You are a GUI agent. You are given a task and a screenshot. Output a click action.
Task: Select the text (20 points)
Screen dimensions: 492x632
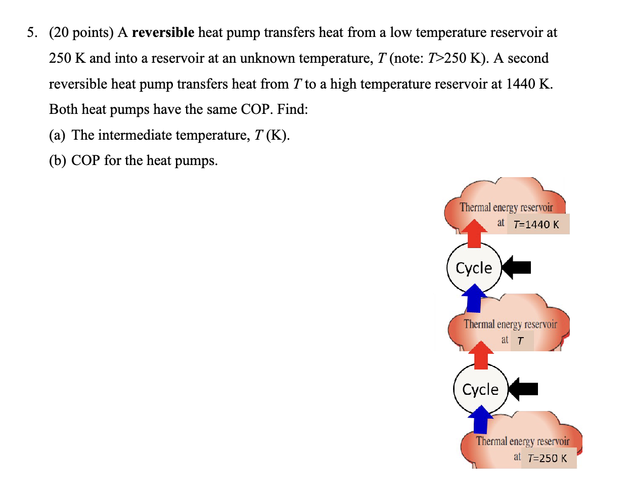pos(81,33)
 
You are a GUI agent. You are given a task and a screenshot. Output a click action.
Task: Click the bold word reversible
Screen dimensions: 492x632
pos(163,33)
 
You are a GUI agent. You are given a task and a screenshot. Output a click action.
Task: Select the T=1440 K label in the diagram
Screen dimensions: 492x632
pos(536,224)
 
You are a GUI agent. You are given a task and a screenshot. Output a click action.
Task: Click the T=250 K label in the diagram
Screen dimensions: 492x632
pos(547,458)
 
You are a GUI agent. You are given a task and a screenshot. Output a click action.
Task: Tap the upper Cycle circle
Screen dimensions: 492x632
pos(473,268)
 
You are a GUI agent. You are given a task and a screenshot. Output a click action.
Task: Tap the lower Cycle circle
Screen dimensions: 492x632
pos(480,389)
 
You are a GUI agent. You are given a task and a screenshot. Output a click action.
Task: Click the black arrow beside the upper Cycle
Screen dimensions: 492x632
pos(517,267)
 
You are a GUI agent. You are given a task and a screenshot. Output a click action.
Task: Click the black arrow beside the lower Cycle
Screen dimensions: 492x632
pos(523,389)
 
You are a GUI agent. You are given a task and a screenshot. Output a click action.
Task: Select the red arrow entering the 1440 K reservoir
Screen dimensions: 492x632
pos(474,233)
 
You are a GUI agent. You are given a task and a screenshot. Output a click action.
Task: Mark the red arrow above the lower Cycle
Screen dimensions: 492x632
pos(481,354)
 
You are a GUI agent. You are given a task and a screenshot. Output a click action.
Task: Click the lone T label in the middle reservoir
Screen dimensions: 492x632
pos(520,341)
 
